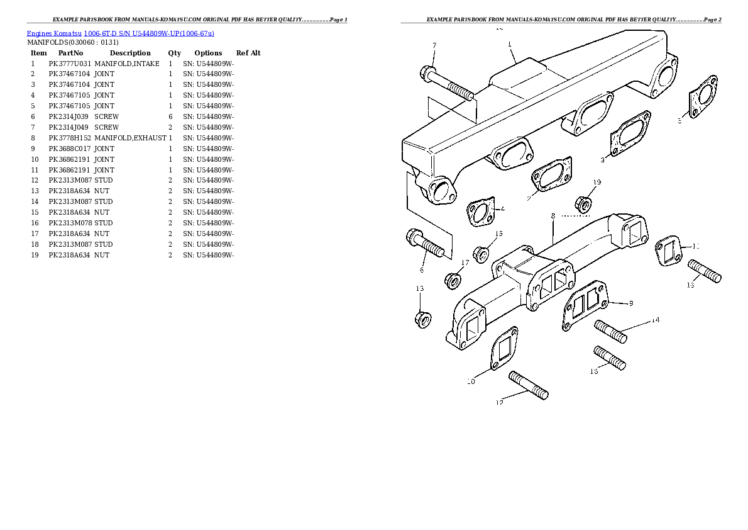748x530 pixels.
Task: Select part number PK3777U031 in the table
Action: pos(69,64)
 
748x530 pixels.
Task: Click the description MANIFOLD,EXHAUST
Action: pos(130,138)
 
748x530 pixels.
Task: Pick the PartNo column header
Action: pos(70,53)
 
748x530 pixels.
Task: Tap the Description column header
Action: pos(130,53)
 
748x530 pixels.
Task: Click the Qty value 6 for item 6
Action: pos(170,116)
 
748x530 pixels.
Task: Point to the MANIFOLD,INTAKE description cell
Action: pos(127,64)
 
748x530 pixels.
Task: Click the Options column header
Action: pos(208,53)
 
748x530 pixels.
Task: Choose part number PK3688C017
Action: pos(69,149)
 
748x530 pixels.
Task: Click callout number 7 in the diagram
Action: pos(434,45)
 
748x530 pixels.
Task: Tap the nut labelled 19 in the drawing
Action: pos(583,203)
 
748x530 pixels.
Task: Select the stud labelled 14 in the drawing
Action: pos(610,332)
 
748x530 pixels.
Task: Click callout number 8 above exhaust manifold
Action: pos(553,216)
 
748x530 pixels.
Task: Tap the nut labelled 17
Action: pos(453,279)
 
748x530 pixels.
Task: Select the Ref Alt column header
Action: pos(248,53)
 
